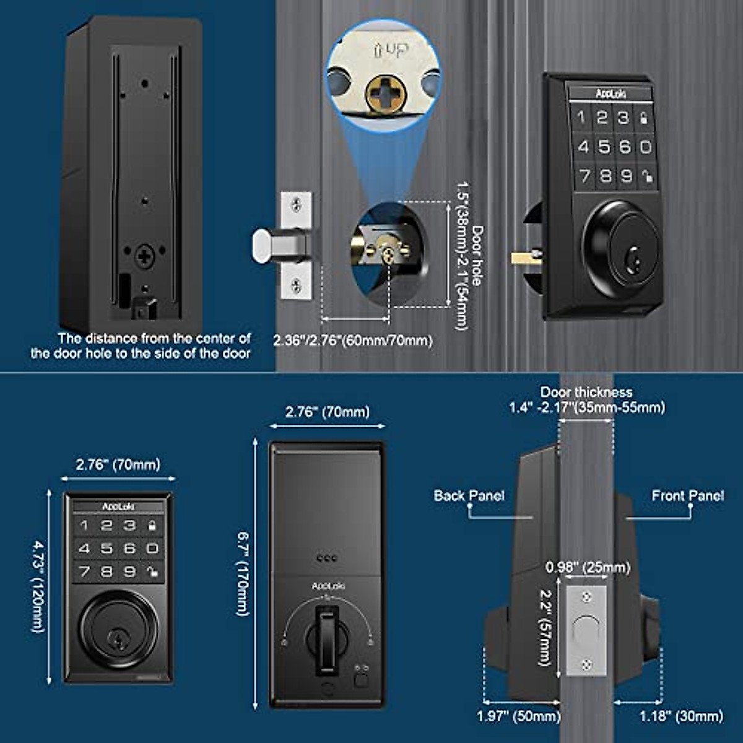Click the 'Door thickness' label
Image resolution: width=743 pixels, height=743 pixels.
(x=586, y=392)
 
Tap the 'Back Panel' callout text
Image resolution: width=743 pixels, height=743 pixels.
(x=469, y=495)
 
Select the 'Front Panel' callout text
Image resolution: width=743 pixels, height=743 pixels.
(x=687, y=495)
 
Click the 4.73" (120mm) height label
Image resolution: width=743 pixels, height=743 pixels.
(x=39, y=586)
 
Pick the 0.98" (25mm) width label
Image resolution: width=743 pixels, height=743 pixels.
(x=588, y=567)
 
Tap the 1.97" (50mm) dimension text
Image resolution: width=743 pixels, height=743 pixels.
(x=518, y=716)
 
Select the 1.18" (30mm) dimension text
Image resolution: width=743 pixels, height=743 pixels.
(x=681, y=716)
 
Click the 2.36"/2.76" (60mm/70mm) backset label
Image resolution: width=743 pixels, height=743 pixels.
(x=353, y=341)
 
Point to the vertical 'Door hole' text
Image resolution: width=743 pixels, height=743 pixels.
(x=477, y=255)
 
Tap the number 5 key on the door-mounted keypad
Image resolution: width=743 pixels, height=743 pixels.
(x=604, y=147)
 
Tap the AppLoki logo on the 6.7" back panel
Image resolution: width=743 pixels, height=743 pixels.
(x=328, y=586)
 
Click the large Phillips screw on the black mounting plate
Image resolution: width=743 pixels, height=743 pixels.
(x=145, y=256)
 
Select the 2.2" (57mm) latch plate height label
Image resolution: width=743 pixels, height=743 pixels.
(x=545, y=627)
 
